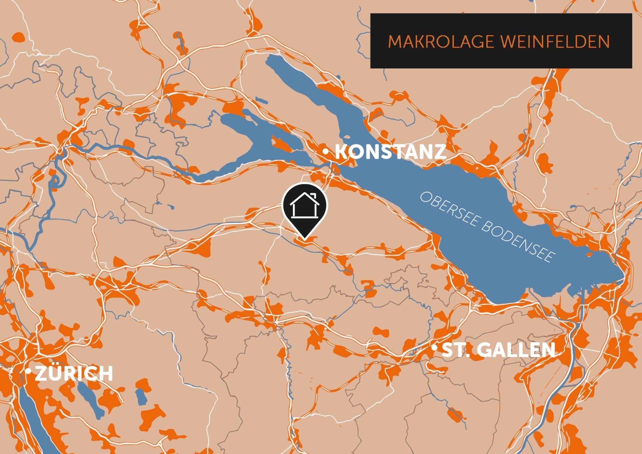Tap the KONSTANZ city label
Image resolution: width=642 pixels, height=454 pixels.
(391, 152)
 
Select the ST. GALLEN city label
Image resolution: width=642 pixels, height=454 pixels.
(498, 350)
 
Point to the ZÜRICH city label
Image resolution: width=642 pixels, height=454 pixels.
(74, 374)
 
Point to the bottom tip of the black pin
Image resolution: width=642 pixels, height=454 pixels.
(304, 240)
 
